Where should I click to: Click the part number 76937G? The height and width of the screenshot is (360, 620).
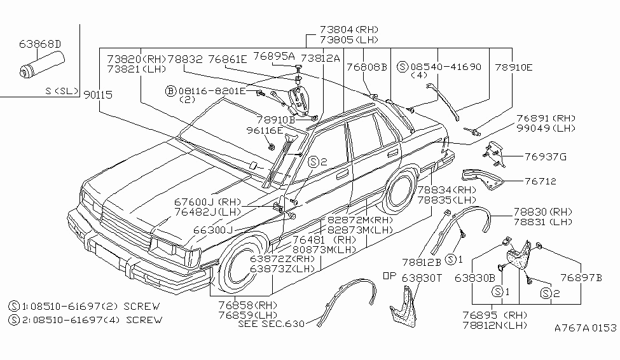[x=545, y=156]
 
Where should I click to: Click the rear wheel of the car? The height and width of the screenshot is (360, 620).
[x=399, y=191]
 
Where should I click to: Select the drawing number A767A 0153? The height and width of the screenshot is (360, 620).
[x=585, y=328]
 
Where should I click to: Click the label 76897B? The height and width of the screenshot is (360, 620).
[x=581, y=277]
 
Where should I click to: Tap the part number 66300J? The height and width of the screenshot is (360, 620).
[x=213, y=229]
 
